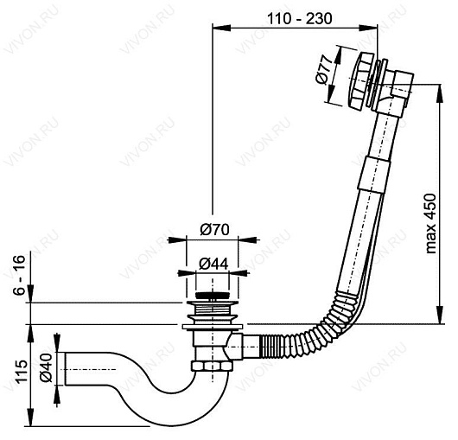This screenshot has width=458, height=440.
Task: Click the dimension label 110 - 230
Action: coord(300,19)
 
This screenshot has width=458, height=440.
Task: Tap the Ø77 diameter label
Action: coord(325,70)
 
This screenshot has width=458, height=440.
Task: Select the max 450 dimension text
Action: coord(430,224)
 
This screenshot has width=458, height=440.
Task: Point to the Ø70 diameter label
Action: coord(214,229)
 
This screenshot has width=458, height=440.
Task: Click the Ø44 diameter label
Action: coord(213,265)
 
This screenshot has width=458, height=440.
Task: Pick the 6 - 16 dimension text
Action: coord(20,275)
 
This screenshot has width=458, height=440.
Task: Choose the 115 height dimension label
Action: coord(21,371)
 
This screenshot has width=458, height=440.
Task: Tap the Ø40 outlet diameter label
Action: coord(46,367)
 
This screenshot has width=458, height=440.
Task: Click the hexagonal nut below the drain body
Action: coord(212,367)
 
